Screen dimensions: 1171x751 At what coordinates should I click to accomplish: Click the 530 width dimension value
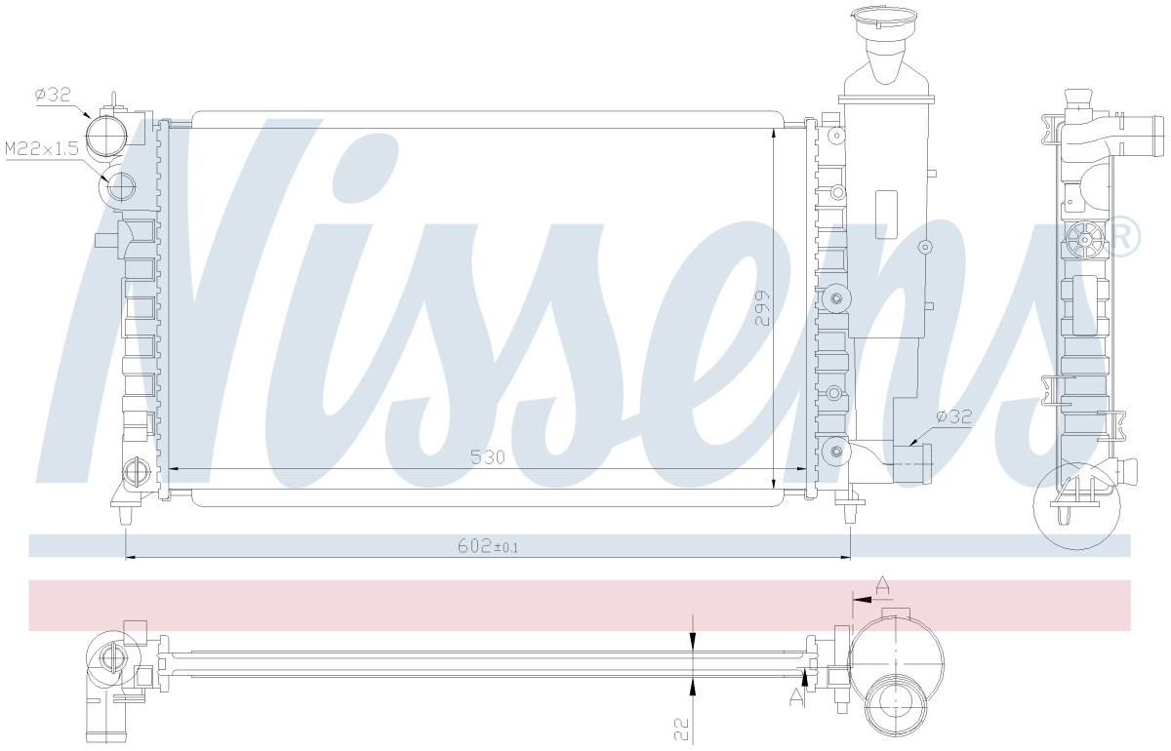(x=488, y=457)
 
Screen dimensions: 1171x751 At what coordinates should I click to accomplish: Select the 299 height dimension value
(x=763, y=308)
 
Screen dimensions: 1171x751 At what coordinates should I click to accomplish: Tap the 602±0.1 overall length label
(x=488, y=546)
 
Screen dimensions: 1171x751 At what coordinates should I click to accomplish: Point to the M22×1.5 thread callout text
(x=41, y=149)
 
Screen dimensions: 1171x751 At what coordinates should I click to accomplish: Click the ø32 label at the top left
(x=53, y=95)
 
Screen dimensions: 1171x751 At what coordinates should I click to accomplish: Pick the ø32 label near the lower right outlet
(x=954, y=416)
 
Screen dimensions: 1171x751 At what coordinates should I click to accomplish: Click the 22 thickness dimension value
(x=682, y=730)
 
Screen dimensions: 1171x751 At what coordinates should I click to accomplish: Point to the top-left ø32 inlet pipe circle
(x=107, y=136)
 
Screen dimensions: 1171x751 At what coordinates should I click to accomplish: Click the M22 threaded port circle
(x=121, y=185)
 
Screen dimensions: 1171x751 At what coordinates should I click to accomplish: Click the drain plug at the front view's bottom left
(x=136, y=471)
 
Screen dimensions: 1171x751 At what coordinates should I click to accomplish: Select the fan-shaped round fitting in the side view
(x=1085, y=240)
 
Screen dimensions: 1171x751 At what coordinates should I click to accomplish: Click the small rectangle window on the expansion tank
(x=886, y=215)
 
